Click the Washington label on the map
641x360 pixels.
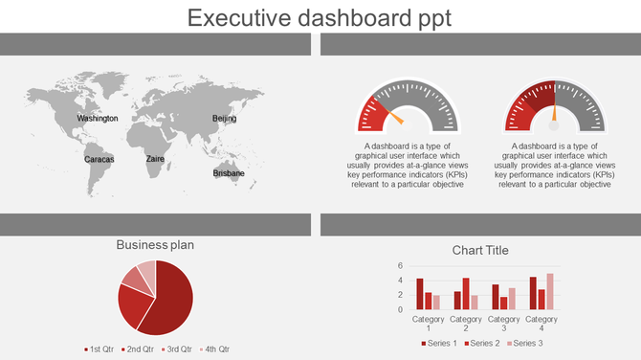tap(98, 119)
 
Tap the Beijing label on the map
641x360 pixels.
tap(224, 119)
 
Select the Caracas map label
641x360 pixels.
tap(99, 159)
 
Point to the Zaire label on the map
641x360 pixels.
tap(155, 159)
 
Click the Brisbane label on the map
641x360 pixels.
tap(229, 173)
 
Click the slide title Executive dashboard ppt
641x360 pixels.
tap(320, 18)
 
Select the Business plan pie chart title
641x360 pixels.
tap(155, 245)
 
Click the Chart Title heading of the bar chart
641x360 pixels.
tap(480, 251)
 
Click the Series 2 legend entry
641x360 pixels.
tap(484, 343)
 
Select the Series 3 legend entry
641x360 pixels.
tap(526, 343)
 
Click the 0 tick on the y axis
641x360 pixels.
tap(401, 309)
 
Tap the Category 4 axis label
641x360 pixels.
tap(542, 324)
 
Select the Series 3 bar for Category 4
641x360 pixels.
tap(550, 292)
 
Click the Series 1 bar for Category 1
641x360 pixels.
tap(420, 294)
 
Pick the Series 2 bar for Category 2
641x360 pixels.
tap(466, 294)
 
